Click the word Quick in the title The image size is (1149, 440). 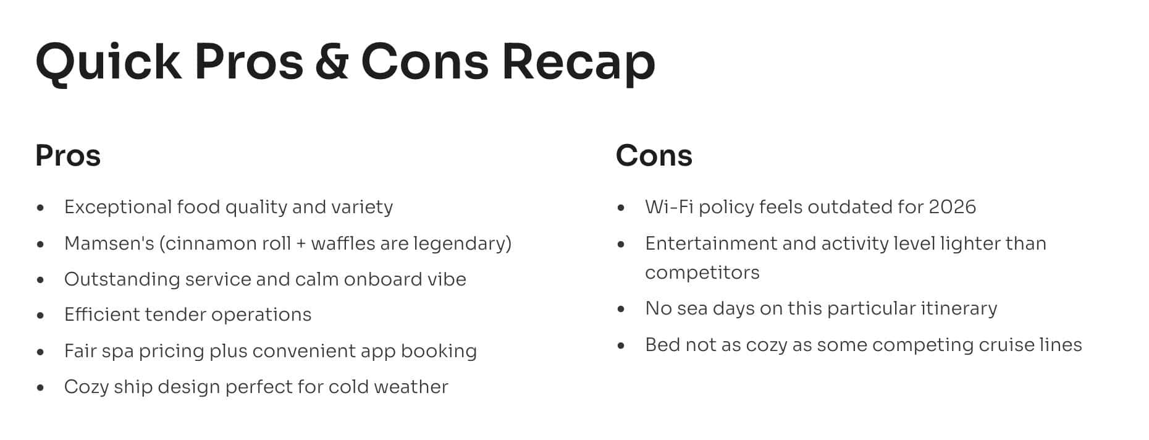pos(109,62)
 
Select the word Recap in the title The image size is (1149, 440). pos(578,63)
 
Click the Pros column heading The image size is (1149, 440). pos(68,155)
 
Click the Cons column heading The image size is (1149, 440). pos(654,155)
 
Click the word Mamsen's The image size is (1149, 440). pos(109,243)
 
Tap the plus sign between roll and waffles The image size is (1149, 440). pos(301,243)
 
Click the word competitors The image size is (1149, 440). pos(702,273)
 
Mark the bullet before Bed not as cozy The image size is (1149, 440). pos(621,345)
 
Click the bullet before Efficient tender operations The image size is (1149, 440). pos(41,315)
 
